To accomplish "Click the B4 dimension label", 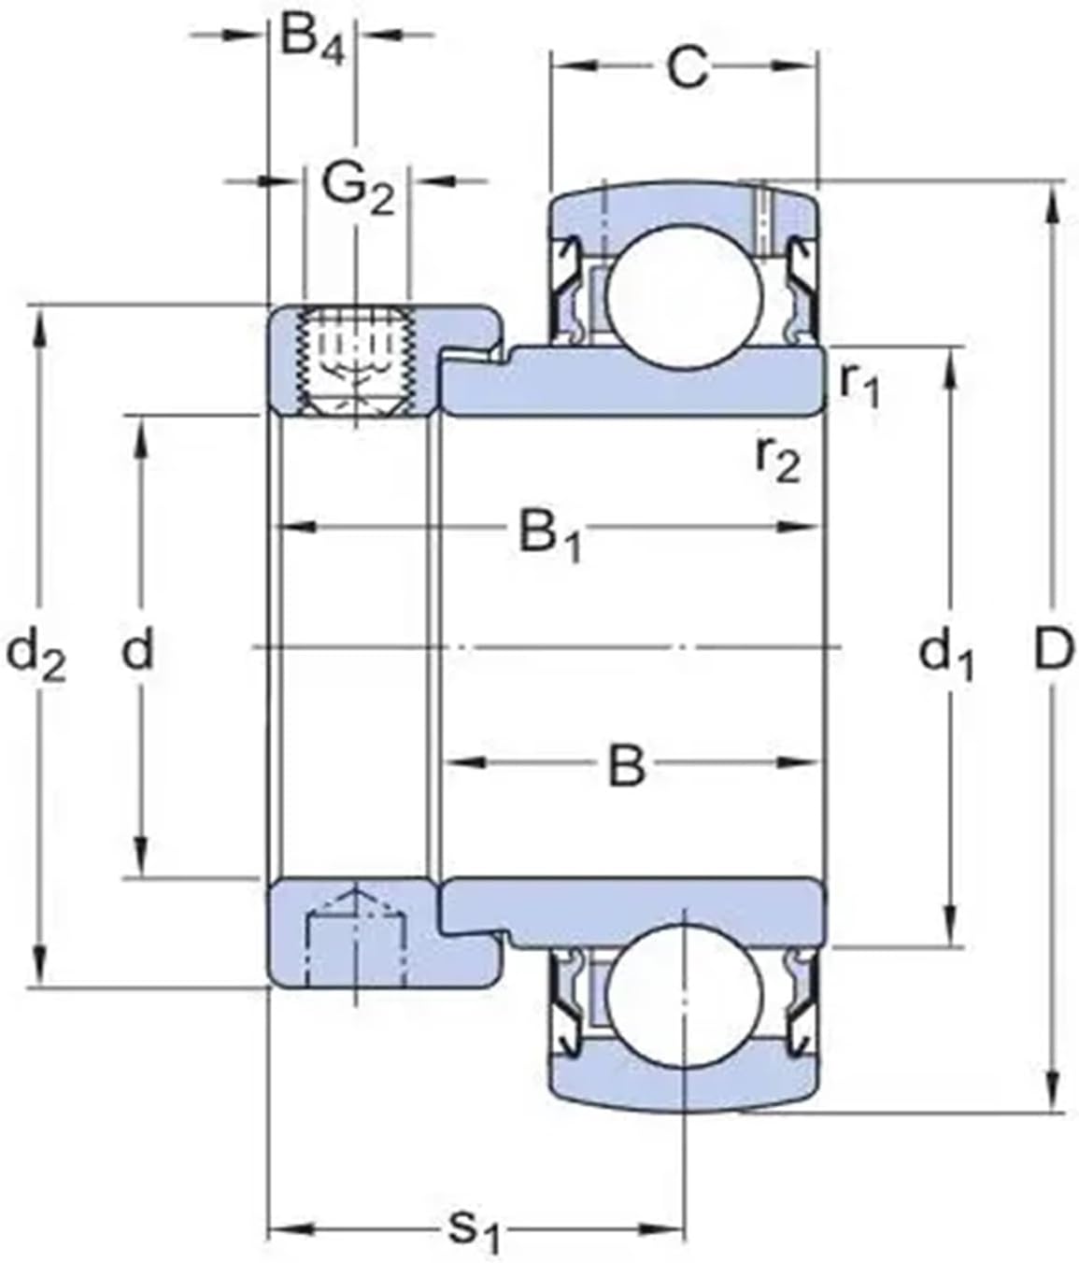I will [x=312, y=39].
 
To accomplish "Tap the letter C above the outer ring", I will [x=688, y=67].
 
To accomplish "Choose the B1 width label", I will [x=549, y=536].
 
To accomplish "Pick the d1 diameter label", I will [x=945, y=653].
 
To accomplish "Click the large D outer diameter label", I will [x=1054, y=650].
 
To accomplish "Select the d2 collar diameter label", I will [x=35, y=653].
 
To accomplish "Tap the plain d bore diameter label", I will [x=137, y=650].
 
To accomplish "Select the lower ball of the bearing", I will [x=684, y=991].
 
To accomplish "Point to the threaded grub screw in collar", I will [x=355, y=361].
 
